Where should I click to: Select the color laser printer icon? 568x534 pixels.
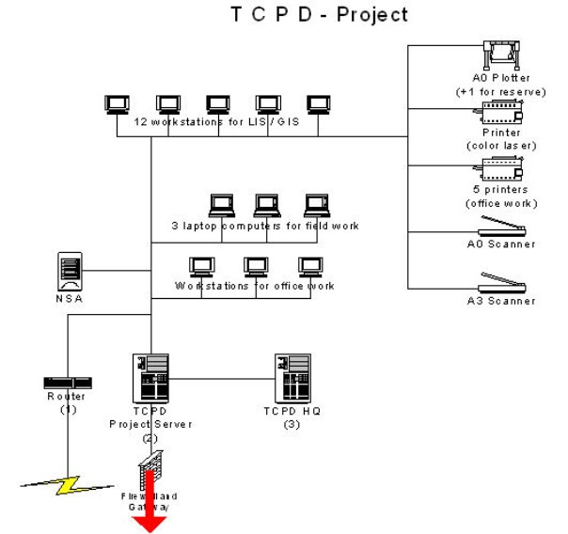500,117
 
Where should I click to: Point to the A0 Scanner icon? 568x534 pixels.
500,227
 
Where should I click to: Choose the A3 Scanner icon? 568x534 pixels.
500,283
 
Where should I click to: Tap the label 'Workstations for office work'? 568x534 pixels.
254,286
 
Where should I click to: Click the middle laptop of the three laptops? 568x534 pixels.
267,206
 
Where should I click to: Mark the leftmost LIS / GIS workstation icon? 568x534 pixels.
118,102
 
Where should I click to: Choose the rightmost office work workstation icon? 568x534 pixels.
310,266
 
